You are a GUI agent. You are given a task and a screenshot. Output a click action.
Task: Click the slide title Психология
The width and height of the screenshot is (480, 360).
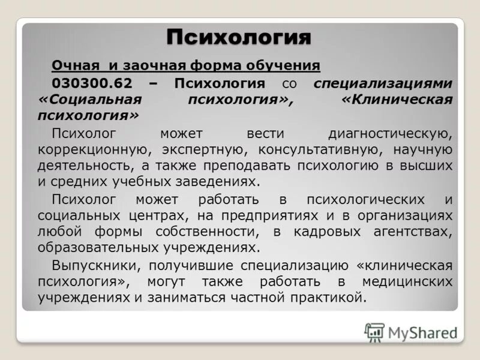pos(239,38)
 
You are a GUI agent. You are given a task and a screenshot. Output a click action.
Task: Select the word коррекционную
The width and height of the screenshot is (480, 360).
pos(85,149)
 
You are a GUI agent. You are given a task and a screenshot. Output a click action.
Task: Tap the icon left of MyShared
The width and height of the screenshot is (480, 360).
pos(374,332)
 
